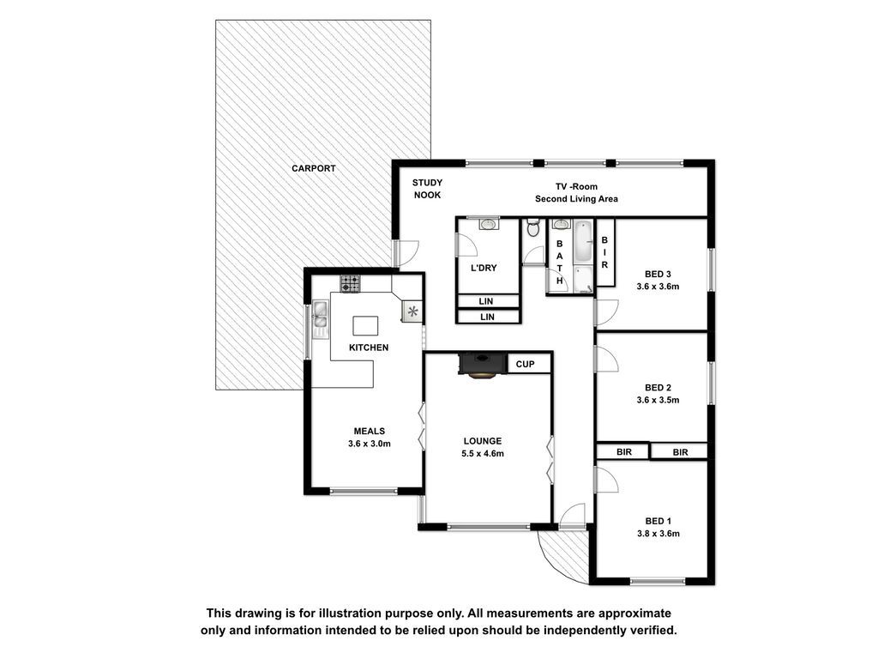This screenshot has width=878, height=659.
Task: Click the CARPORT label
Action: click(314, 168)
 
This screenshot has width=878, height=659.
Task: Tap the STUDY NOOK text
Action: click(427, 189)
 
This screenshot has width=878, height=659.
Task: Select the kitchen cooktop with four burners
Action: click(351, 283)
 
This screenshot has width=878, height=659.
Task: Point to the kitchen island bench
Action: click(365, 326)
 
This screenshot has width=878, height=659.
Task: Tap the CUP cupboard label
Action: click(526, 364)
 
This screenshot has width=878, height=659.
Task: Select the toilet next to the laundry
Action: click(533, 227)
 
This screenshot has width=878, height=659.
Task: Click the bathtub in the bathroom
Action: click(583, 243)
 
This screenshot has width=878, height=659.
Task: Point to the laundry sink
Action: click(489, 224)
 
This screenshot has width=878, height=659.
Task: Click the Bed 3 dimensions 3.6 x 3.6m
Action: click(658, 287)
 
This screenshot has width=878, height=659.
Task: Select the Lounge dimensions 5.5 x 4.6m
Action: click(483, 454)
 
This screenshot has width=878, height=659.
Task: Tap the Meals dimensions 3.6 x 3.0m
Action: click(369, 444)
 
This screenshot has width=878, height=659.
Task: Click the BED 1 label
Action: click(658, 521)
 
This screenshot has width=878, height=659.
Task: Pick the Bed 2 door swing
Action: click(606, 358)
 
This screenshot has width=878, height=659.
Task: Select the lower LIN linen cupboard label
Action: click(487, 317)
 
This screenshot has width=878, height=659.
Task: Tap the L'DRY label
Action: click(484, 268)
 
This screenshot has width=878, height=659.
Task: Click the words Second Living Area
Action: click(576, 199)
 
